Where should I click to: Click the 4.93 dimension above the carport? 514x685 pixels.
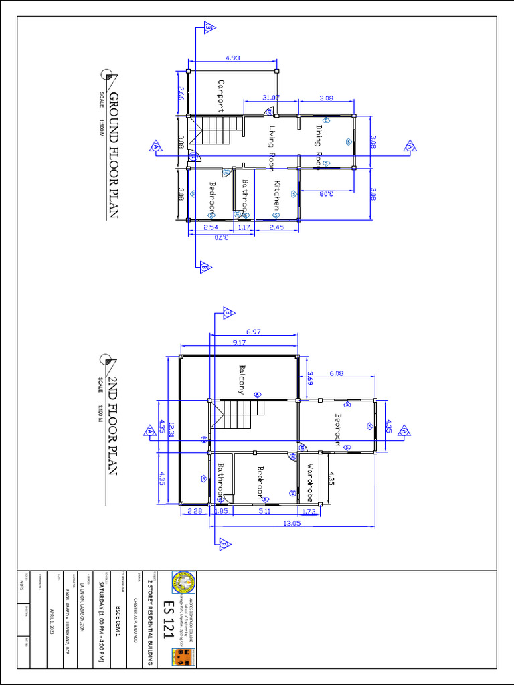tap(233, 58)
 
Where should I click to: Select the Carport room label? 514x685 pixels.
tap(221, 96)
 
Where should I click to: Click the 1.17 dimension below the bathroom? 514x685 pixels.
tap(244, 227)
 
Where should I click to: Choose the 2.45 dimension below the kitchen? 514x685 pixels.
tap(277, 227)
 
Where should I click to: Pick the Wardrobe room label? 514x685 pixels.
tap(310, 482)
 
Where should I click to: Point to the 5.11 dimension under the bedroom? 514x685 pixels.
tap(265, 512)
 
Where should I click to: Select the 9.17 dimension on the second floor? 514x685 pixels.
tap(239, 343)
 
